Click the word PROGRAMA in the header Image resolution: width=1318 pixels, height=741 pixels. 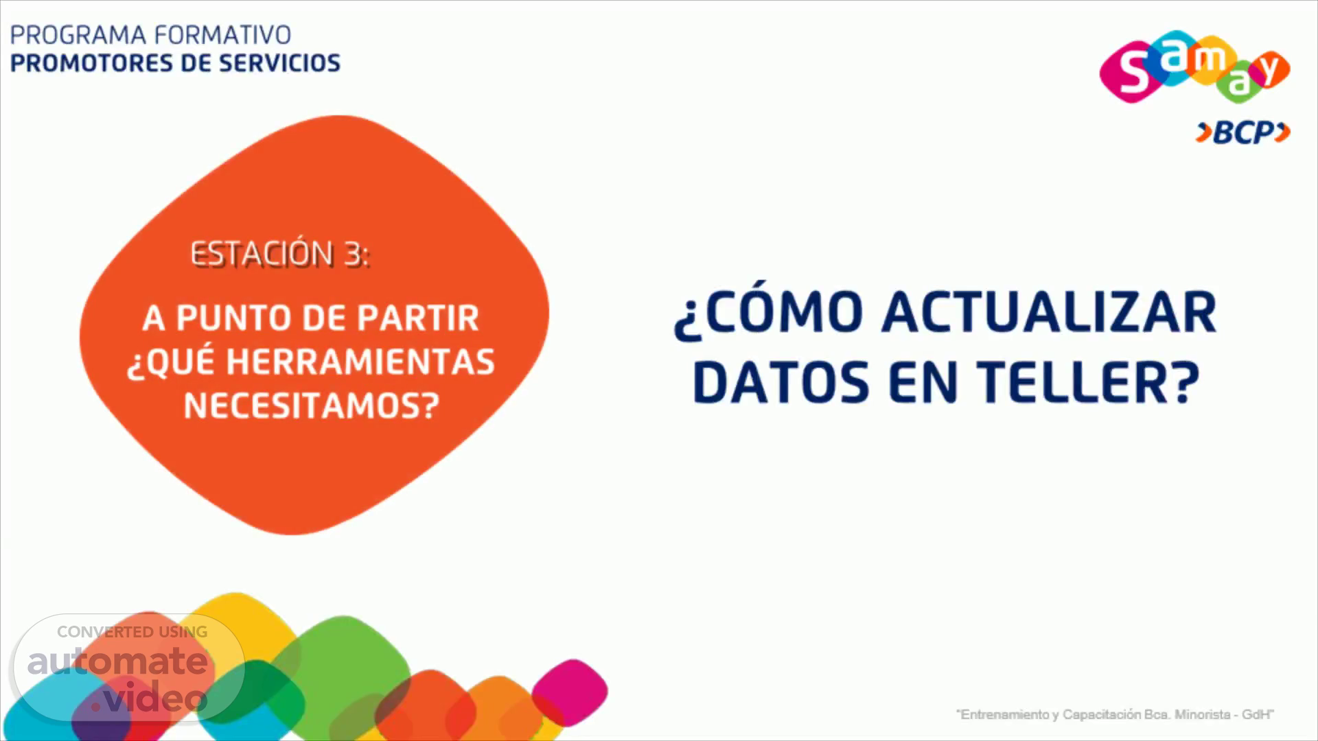coord(78,35)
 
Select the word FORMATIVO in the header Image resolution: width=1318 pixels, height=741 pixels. coord(223,35)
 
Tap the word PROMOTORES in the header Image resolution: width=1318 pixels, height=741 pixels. coord(88,63)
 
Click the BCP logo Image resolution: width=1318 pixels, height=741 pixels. coord(1243,132)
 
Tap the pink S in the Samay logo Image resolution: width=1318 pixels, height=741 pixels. coord(1132,73)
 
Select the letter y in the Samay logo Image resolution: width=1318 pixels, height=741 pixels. coord(1271,69)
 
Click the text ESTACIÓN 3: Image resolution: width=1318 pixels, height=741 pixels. coord(279,255)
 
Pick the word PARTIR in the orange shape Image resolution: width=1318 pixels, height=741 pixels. coord(418,318)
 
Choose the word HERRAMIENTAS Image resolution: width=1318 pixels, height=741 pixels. coord(360,362)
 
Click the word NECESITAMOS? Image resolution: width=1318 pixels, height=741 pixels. coord(311,406)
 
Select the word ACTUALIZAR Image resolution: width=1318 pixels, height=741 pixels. coord(1050,313)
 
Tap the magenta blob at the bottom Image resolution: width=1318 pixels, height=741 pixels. coord(570,691)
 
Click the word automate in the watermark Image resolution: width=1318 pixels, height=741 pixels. coord(117,661)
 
